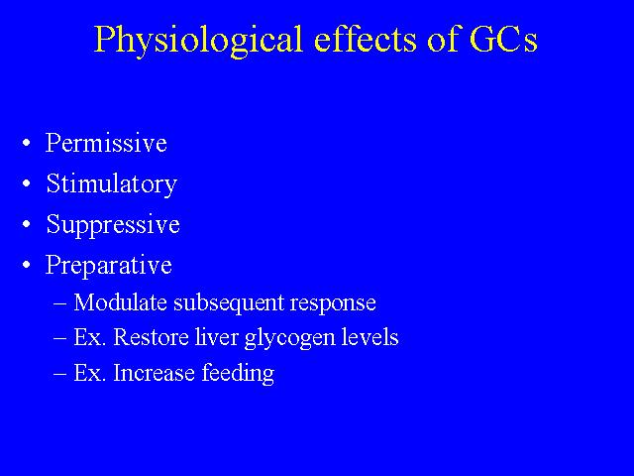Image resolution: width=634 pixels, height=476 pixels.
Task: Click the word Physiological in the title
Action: point(198,40)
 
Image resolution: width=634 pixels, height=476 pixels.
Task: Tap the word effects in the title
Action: point(367,39)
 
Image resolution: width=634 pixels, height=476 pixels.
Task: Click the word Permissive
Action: point(106,143)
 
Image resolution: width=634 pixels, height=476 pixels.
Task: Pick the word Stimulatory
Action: point(112,184)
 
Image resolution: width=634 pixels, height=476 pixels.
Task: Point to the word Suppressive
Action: point(113,225)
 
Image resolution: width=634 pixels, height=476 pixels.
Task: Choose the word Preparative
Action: point(108,266)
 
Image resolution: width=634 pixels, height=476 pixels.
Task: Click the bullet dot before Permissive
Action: point(27,143)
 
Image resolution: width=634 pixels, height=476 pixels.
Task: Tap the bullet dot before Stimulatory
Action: point(27,183)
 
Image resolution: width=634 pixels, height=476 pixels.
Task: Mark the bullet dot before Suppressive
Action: point(27,224)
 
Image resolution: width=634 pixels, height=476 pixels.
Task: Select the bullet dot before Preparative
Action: point(27,265)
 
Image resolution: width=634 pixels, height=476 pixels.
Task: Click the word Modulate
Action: point(120,302)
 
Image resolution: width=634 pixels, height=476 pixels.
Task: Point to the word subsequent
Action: point(229,303)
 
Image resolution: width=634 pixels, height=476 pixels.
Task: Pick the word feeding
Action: point(238,374)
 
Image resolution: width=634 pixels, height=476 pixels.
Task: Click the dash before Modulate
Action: point(59,303)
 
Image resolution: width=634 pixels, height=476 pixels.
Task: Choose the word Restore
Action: point(151,337)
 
